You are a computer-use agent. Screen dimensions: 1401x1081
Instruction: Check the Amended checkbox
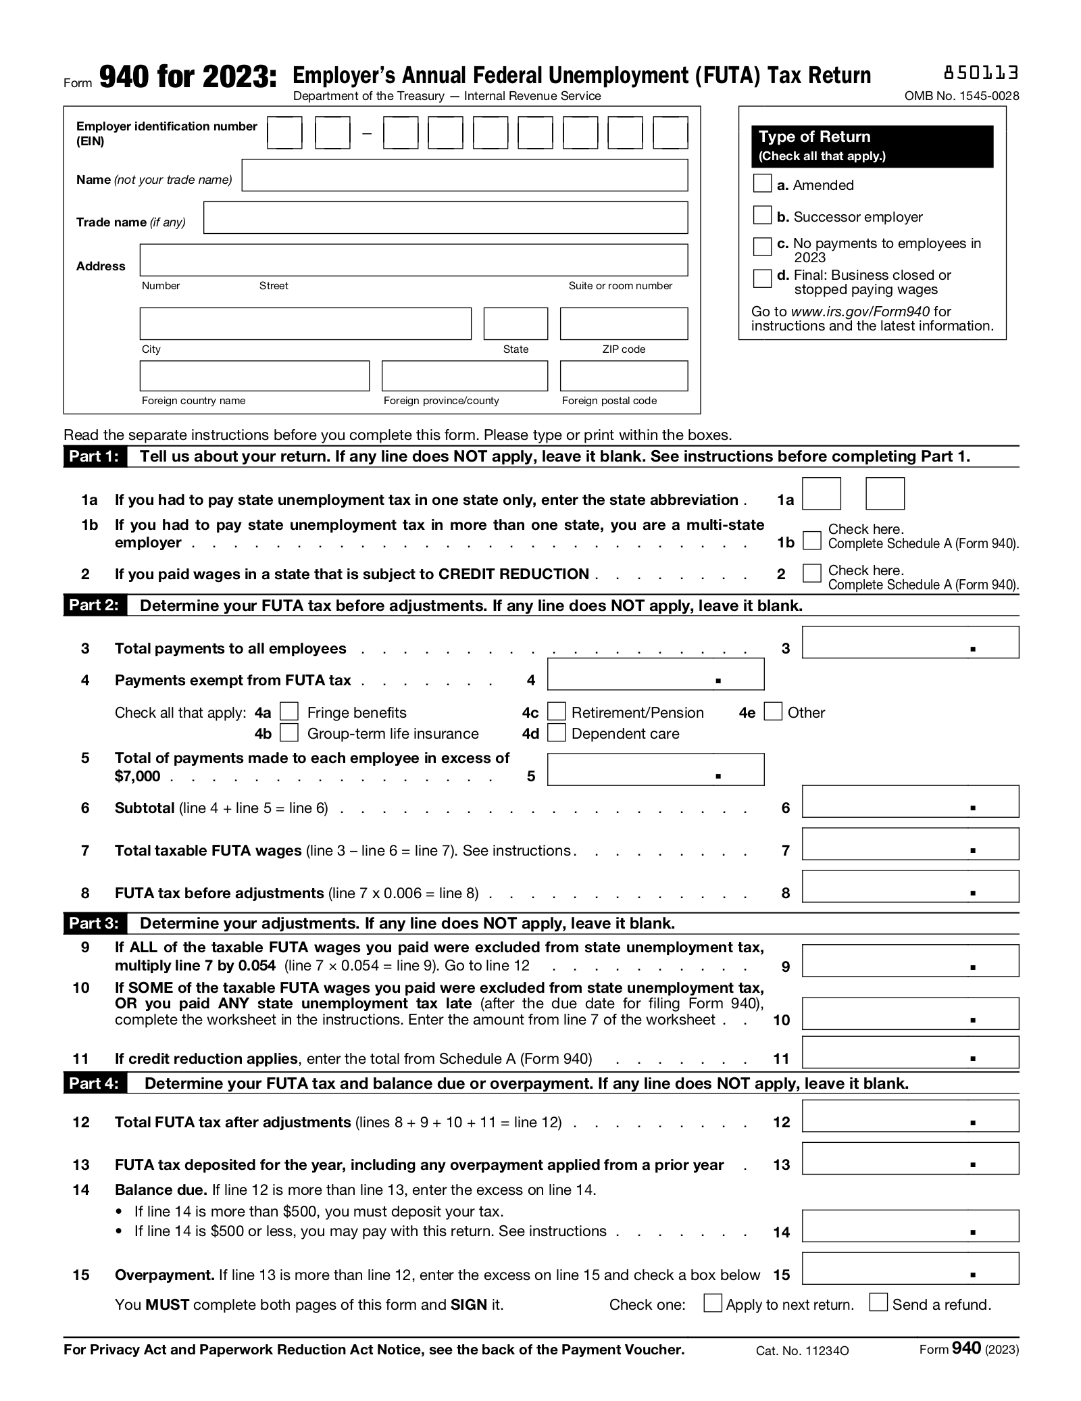(x=761, y=183)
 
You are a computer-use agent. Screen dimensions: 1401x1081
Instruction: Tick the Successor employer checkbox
(x=761, y=215)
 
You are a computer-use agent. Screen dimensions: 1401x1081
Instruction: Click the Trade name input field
(x=445, y=218)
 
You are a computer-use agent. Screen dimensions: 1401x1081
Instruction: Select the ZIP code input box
(x=623, y=323)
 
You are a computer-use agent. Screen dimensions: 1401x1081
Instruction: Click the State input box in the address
(x=515, y=323)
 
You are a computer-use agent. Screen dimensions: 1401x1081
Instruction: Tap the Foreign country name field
(x=254, y=376)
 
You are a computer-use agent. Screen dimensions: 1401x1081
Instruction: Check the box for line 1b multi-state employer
(x=811, y=541)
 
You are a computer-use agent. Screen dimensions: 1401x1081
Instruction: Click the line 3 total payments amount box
(x=909, y=642)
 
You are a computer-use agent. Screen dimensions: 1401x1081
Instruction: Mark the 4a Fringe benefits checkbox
(x=289, y=712)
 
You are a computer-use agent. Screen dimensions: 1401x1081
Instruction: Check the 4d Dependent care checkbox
(x=556, y=733)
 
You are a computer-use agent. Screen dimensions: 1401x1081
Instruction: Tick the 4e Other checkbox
(x=773, y=712)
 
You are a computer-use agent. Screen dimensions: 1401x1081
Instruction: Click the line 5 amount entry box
(x=655, y=769)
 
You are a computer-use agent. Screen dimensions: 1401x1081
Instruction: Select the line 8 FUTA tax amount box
(x=909, y=886)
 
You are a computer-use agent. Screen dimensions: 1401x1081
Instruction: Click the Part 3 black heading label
(x=94, y=923)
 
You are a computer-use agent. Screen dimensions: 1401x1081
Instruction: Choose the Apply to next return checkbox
(x=712, y=1303)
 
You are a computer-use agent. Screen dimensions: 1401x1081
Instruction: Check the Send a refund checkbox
(x=878, y=1302)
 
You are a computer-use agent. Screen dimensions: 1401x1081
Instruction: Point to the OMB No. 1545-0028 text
(x=961, y=96)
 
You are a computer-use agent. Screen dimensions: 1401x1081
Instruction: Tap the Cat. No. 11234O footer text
(x=802, y=1351)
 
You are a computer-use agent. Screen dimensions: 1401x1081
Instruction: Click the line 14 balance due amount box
(x=909, y=1226)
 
